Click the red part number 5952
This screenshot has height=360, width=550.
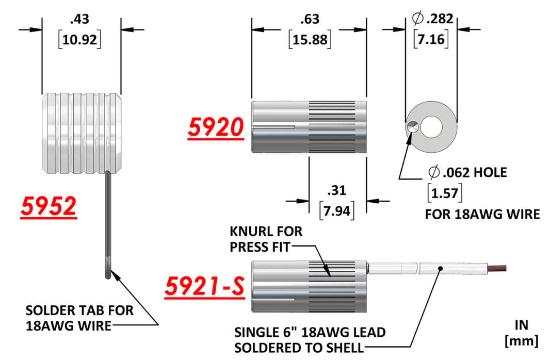(x=48, y=206)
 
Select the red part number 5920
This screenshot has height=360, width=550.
(x=216, y=127)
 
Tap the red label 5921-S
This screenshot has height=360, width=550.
(x=204, y=286)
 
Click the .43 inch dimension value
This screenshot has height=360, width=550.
(x=79, y=19)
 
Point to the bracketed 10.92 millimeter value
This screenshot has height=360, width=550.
(x=79, y=39)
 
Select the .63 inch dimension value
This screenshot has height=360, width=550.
(x=310, y=19)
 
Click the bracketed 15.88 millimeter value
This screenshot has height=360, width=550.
(x=310, y=39)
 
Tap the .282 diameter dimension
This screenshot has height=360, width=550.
(x=433, y=18)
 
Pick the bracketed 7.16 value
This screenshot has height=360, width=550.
(x=431, y=39)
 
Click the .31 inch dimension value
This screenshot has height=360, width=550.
(x=336, y=190)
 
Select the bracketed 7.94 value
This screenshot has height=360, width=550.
(x=337, y=210)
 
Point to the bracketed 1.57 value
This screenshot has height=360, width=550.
(x=445, y=193)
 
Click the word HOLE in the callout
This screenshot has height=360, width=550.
(x=490, y=172)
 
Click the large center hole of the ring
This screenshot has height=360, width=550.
(x=431, y=126)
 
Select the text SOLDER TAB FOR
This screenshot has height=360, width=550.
(x=79, y=310)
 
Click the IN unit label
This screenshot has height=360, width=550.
(x=521, y=325)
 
